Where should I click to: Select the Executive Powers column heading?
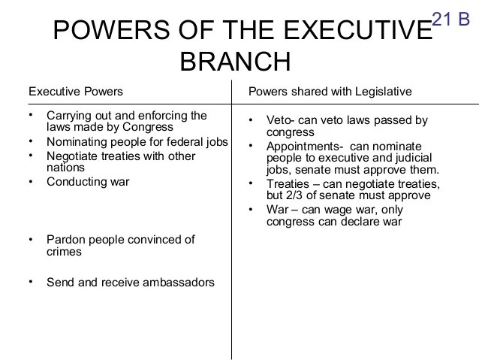76,92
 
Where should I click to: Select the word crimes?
64,253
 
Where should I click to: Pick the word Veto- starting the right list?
281,120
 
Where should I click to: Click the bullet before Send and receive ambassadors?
31,283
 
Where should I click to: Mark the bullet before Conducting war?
31,181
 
